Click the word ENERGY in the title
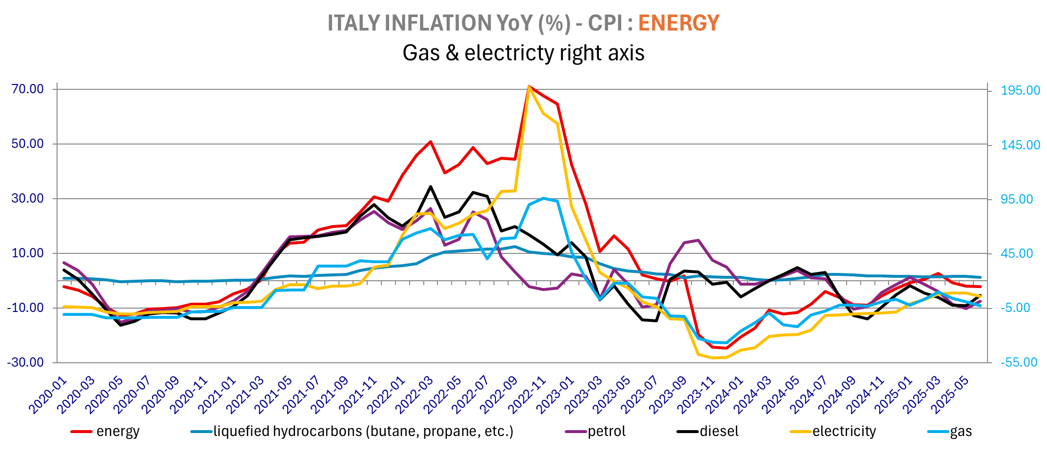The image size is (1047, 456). pyautogui.click(x=678, y=23)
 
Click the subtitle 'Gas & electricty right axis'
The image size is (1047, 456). pyautogui.click(x=523, y=53)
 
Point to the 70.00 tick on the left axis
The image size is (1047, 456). pyautogui.click(x=28, y=89)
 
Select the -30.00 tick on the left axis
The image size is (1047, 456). pyautogui.click(x=25, y=362)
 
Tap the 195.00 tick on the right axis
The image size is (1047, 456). pyautogui.click(x=1020, y=90)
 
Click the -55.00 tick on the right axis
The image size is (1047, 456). pyautogui.click(x=1019, y=362)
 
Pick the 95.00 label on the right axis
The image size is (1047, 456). pyautogui.click(x=1017, y=199)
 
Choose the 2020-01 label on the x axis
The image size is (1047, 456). pyautogui.click(x=48, y=395)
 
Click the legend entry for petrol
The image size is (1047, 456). pyautogui.click(x=606, y=432)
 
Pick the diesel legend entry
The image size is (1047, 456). pyautogui.click(x=719, y=432)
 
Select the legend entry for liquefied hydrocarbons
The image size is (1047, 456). pyautogui.click(x=363, y=432)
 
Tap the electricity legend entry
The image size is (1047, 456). pyautogui.click(x=844, y=432)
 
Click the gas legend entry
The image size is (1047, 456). pyautogui.click(x=961, y=432)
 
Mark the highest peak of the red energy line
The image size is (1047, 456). pyautogui.click(x=529, y=86)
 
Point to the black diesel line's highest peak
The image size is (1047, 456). pyautogui.click(x=430, y=187)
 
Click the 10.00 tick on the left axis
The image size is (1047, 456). pyautogui.click(x=28, y=253)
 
